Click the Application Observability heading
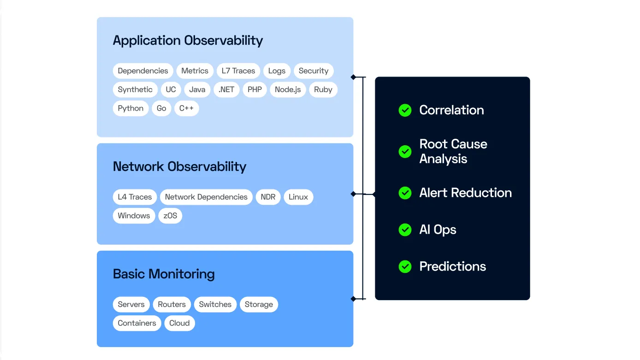(x=188, y=41)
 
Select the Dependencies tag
(x=143, y=71)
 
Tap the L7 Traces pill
(x=238, y=71)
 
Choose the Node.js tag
(x=288, y=89)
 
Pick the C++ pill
(x=186, y=108)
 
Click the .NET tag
(x=226, y=89)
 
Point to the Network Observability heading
(x=179, y=166)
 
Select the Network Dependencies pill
(x=206, y=197)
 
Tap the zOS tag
(x=170, y=216)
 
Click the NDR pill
(x=268, y=197)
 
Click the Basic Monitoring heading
(x=164, y=274)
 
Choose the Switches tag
(x=215, y=304)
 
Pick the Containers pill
(x=137, y=323)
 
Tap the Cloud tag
(x=179, y=323)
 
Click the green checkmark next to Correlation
(x=405, y=110)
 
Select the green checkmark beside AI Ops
(x=405, y=230)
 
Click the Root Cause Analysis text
(x=453, y=151)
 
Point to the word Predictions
(x=452, y=266)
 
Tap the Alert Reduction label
(x=465, y=193)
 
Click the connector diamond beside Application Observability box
(x=353, y=77)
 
